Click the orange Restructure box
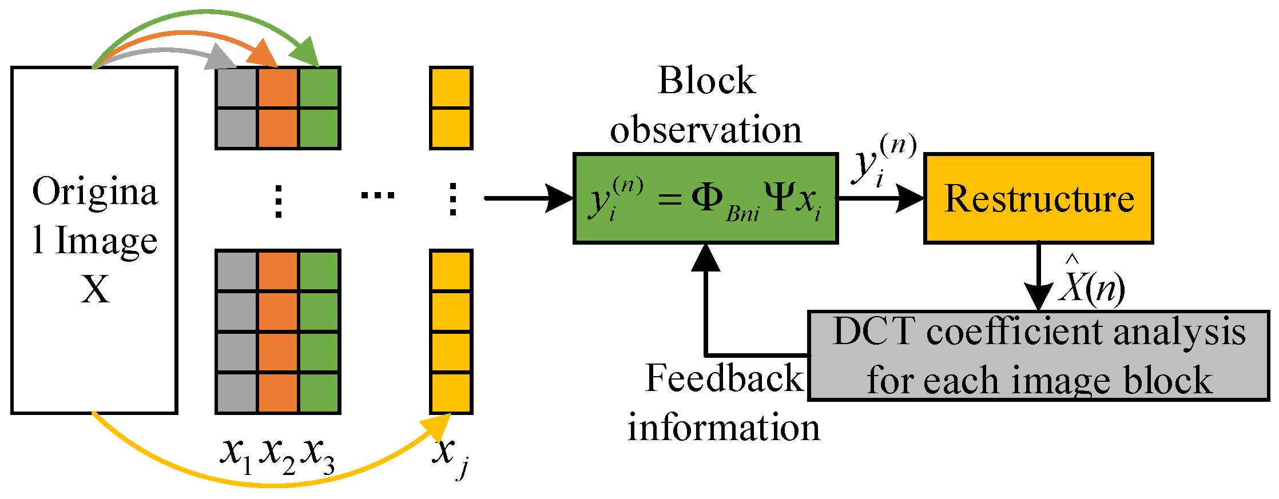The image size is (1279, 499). click(1038, 198)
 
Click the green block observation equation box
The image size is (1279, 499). click(705, 198)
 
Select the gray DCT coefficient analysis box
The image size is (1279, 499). click(1038, 356)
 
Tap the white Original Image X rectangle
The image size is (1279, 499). click(94, 240)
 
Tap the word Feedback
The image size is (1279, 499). click(724, 378)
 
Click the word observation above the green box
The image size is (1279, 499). click(705, 130)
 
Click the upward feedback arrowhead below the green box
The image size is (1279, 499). click(706, 258)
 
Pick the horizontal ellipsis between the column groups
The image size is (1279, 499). click(378, 195)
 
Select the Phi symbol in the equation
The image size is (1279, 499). click(707, 198)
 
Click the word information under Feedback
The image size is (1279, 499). click(724, 428)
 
